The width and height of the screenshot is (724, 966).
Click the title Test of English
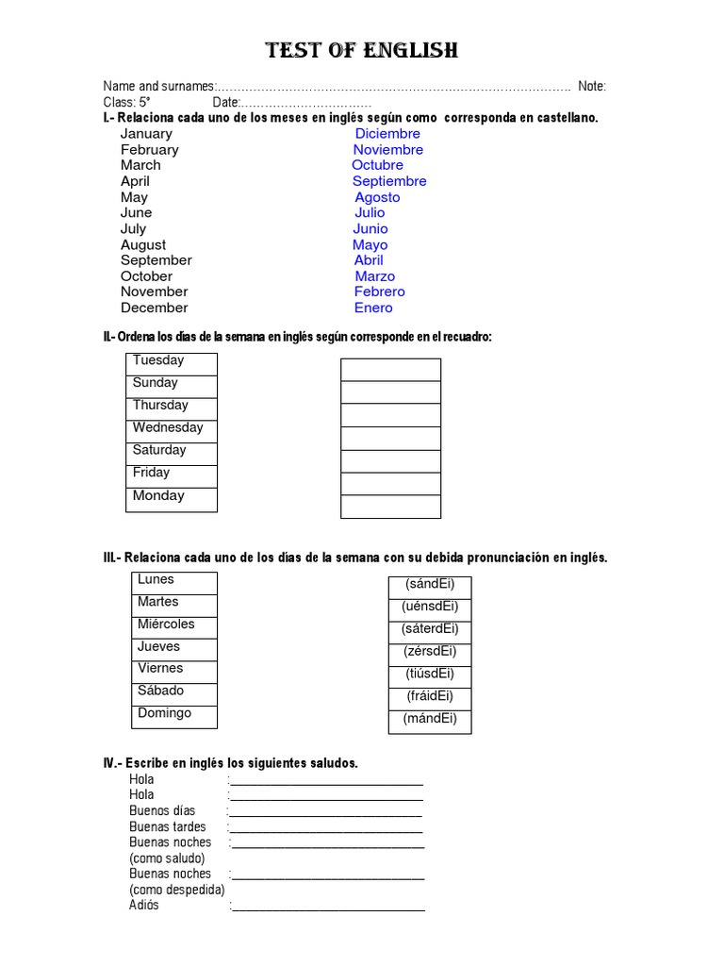362,50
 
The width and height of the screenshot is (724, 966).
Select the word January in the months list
146,134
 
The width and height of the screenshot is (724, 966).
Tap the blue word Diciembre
387,134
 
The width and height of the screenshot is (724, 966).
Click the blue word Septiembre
389,181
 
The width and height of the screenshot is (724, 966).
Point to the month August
143,244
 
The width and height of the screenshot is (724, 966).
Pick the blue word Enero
373,308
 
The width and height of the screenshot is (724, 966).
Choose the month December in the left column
154,308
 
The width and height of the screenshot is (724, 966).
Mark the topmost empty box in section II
390,370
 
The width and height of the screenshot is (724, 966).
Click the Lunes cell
174,582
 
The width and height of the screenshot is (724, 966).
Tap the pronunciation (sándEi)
430,586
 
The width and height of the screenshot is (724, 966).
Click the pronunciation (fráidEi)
430,698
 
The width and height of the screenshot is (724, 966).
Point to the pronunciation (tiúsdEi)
430,675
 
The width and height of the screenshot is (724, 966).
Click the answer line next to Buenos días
325,812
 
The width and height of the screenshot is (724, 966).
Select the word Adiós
144,906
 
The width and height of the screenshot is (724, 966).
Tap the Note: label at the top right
592,87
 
